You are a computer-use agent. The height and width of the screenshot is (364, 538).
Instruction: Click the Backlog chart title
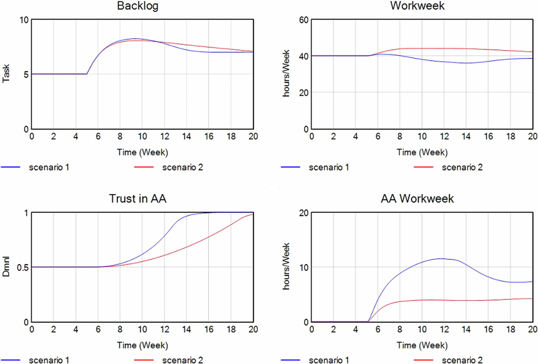(x=137, y=6)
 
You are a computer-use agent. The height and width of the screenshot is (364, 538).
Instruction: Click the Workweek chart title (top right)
(x=417, y=6)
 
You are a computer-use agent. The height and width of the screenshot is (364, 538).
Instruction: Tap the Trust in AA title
(x=137, y=199)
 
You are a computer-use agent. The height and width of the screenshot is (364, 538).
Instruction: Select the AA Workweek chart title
(x=417, y=199)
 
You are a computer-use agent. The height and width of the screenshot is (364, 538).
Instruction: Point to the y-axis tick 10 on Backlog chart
(x=24, y=20)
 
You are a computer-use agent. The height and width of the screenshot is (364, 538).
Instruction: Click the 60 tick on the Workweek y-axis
(x=304, y=20)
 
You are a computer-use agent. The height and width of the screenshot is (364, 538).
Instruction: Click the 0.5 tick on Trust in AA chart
(x=22, y=267)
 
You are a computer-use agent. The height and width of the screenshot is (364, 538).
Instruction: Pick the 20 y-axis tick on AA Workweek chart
(x=304, y=213)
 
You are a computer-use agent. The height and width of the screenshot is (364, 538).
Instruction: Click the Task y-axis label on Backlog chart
(x=6, y=73)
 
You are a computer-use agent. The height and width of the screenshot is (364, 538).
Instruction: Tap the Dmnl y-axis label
(x=6, y=266)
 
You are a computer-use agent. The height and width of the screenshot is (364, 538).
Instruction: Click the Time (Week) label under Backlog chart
(x=142, y=152)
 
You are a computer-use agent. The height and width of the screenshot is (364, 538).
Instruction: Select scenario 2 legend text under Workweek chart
(x=462, y=167)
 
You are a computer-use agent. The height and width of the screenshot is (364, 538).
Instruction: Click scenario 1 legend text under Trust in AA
(x=49, y=360)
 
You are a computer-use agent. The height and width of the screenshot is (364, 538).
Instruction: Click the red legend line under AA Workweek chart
(x=423, y=360)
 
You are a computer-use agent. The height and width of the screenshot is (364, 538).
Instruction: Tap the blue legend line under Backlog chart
(x=10, y=167)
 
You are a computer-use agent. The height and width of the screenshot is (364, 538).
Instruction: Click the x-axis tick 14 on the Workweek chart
(x=466, y=137)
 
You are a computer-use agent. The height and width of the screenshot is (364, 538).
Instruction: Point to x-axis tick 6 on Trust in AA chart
(x=98, y=329)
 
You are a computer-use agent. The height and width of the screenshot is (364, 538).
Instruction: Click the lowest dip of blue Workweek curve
(x=466, y=63)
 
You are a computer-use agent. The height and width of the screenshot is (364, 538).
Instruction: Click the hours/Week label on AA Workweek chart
(x=286, y=266)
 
